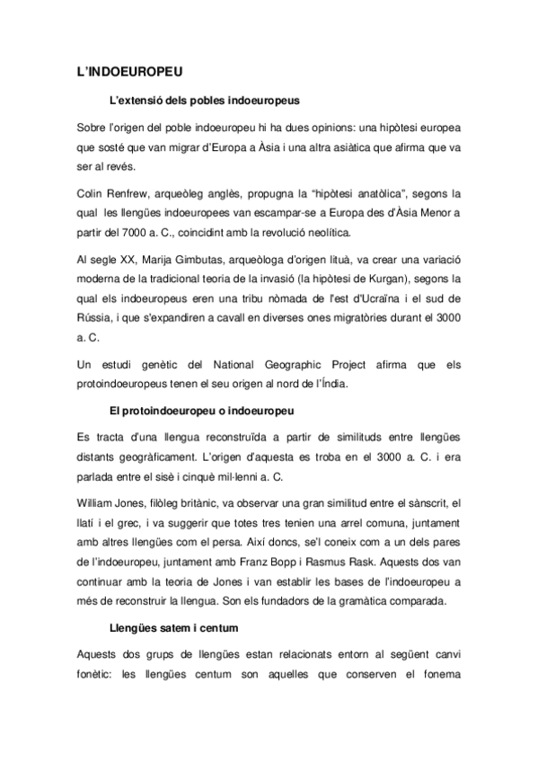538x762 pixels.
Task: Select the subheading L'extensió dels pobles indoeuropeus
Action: [x=204, y=101]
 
